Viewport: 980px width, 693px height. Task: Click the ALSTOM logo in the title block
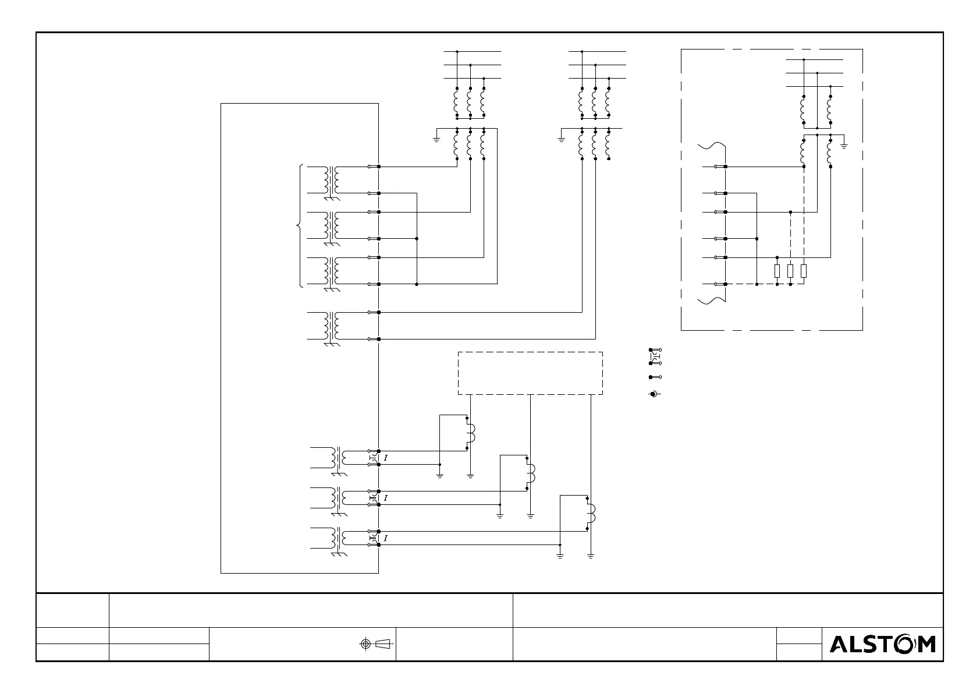(x=882, y=644)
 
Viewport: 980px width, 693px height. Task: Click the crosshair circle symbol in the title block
(x=365, y=643)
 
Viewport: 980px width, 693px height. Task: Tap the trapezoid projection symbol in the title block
(x=383, y=643)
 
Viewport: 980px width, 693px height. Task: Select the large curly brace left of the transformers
(x=300, y=226)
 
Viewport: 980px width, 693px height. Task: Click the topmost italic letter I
(x=386, y=458)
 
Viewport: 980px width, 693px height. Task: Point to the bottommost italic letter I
(x=386, y=539)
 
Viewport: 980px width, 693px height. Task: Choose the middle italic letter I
(x=386, y=498)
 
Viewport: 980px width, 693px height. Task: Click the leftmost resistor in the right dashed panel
(x=777, y=271)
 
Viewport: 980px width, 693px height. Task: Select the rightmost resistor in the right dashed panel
(x=804, y=271)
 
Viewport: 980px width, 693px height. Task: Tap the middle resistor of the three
(x=790, y=271)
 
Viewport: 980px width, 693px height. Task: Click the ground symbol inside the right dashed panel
(x=844, y=143)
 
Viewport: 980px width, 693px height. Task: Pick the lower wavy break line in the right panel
(x=711, y=300)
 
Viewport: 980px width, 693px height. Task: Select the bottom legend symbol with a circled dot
(x=654, y=394)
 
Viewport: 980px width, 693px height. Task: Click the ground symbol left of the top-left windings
(x=436, y=139)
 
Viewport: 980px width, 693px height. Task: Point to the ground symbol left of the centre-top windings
(x=562, y=139)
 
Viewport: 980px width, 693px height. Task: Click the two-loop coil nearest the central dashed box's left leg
(x=470, y=433)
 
